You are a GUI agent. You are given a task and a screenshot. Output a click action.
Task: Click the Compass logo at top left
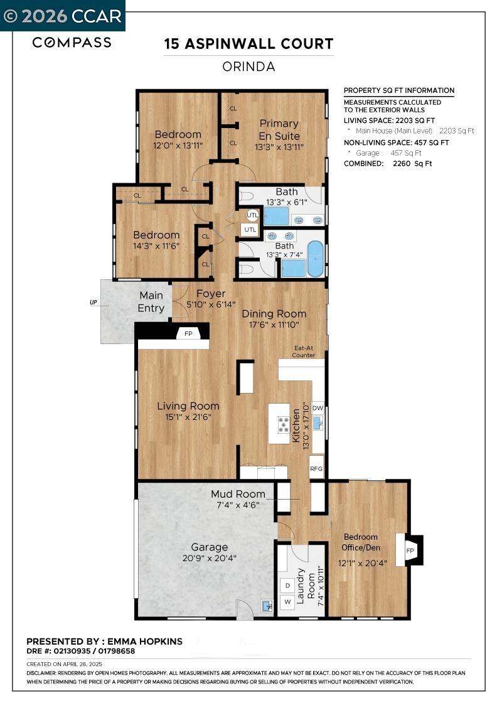click(x=72, y=43)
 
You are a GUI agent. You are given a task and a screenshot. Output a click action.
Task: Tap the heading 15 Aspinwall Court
click(x=248, y=45)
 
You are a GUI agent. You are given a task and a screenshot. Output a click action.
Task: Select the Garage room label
click(x=209, y=547)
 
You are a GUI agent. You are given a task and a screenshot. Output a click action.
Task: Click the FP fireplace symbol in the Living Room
click(x=188, y=334)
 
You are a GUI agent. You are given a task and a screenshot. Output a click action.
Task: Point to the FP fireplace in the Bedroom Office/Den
click(x=410, y=550)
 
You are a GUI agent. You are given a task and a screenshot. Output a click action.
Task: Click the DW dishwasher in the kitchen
click(x=318, y=408)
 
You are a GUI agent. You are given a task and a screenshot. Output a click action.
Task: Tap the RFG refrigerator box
click(x=316, y=468)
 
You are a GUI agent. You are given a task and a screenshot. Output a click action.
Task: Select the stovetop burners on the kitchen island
click(x=284, y=425)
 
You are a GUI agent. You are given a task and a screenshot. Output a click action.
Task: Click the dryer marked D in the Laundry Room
click(x=287, y=585)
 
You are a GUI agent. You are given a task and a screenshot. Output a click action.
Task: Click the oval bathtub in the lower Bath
click(x=315, y=259)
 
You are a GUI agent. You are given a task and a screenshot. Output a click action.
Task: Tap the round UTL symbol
click(x=252, y=215)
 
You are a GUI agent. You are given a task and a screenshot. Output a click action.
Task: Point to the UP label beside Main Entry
click(x=94, y=303)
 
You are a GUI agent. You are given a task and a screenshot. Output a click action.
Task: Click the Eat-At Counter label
click(x=304, y=351)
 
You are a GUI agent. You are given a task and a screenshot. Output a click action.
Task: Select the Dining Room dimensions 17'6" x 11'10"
click(x=274, y=325)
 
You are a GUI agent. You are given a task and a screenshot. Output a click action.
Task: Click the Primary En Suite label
click(x=279, y=130)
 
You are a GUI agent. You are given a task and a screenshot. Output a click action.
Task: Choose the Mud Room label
click(x=238, y=494)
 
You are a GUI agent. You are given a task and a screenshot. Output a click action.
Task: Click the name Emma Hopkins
click(x=144, y=641)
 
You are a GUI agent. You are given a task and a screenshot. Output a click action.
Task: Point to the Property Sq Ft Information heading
click(x=398, y=90)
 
